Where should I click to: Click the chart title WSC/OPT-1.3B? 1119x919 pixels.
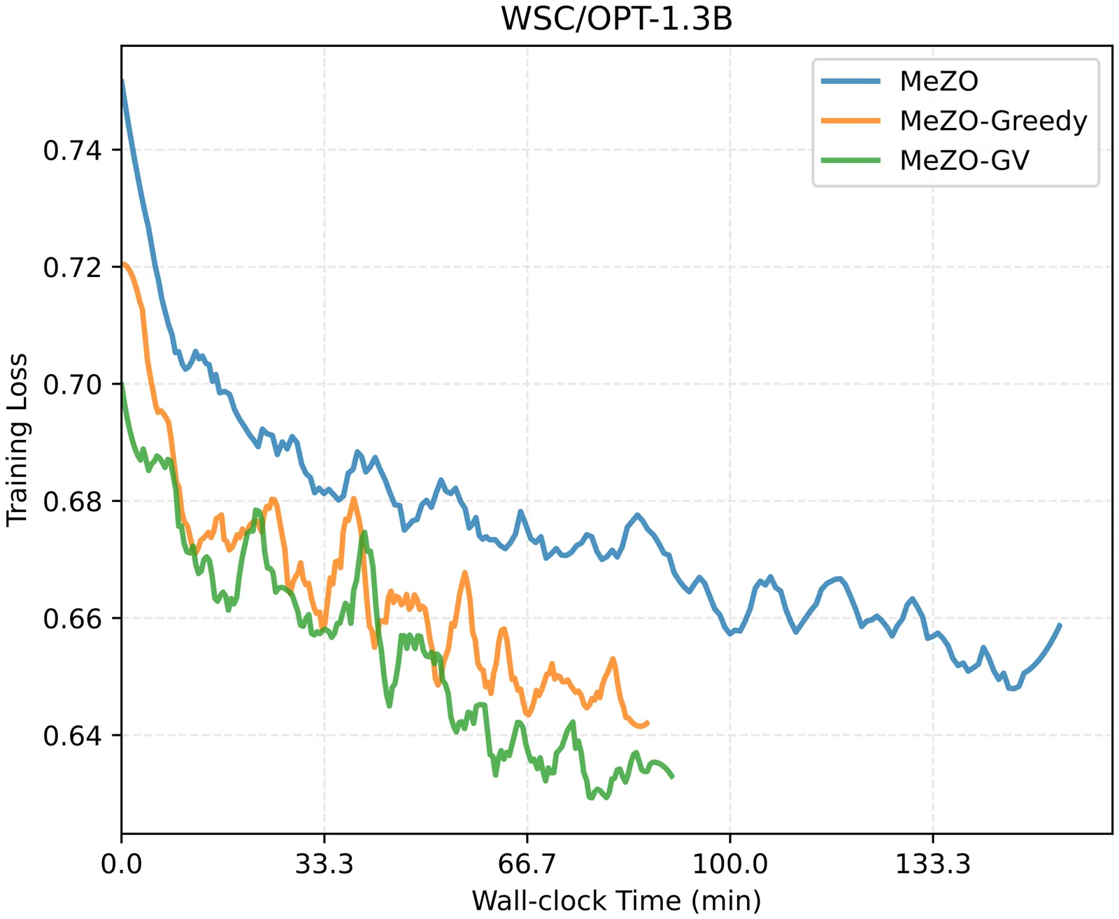616,19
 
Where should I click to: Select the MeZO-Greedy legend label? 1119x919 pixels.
993,121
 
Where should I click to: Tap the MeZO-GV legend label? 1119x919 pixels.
964,161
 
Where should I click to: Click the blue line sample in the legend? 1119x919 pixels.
850,81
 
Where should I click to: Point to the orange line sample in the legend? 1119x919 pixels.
850,121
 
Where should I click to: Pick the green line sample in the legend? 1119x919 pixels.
850,161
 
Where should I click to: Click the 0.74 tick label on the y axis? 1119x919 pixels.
73,150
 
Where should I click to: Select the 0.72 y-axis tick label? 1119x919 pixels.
73,267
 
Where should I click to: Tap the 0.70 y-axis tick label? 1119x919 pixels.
73,385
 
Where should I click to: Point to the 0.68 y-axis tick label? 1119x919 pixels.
73,501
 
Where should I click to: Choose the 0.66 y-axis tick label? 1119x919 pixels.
73,619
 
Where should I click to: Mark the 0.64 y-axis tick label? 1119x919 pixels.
73,736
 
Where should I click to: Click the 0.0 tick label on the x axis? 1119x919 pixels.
122,864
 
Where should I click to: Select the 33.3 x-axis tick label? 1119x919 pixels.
324,864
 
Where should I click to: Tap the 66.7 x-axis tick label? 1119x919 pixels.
527,864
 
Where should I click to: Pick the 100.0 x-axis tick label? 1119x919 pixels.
729,864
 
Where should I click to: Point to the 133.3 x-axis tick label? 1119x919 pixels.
933,864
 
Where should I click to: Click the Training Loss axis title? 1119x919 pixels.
17,439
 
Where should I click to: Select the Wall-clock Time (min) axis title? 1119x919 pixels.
616,900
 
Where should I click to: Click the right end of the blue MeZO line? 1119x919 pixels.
1060,625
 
